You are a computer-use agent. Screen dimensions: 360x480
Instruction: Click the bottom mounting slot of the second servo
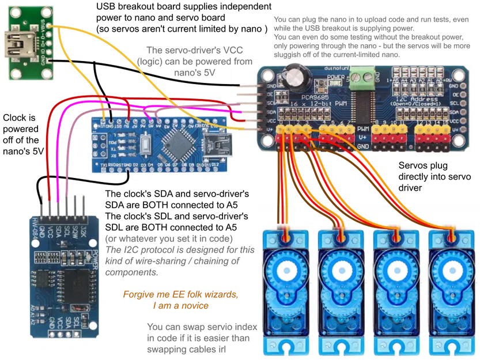tap(342, 347)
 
